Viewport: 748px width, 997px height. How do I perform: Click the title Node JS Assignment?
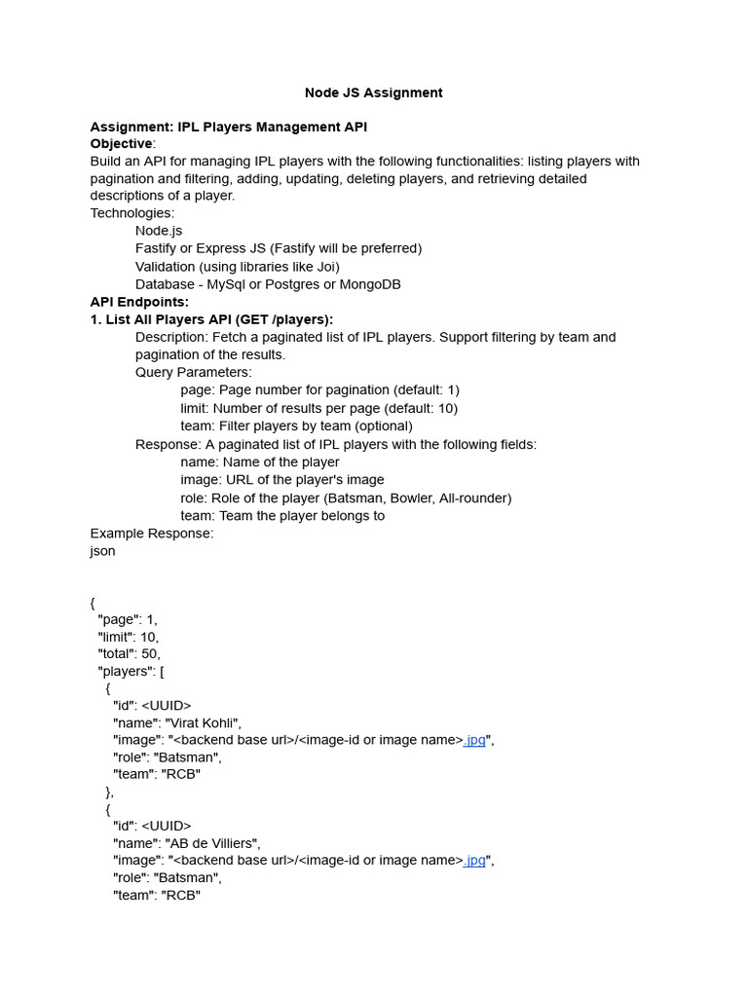click(373, 92)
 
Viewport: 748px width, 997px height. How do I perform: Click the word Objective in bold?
click(121, 143)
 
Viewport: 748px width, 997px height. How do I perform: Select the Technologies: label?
click(132, 213)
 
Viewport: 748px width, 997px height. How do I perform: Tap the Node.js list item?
click(159, 231)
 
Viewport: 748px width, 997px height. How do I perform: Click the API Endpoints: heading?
click(139, 302)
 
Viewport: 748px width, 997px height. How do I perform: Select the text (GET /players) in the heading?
click(282, 319)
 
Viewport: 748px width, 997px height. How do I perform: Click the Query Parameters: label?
click(193, 372)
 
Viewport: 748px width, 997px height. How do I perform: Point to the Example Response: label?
click(151, 533)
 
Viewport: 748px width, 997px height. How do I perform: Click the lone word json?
click(102, 551)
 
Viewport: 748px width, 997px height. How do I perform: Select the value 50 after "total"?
click(150, 653)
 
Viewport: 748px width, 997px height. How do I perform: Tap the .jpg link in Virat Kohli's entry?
click(474, 740)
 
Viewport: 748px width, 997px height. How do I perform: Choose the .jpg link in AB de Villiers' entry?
click(474, 861)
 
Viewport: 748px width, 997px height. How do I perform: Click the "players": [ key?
click(137, 671)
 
